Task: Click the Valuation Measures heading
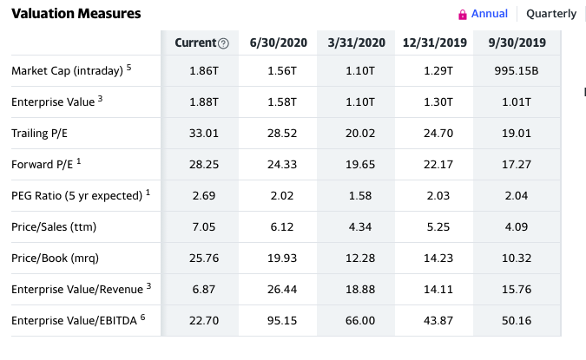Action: pyautogui.click(x=76, y=13)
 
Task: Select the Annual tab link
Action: pyautogui.click(x=490, y=14)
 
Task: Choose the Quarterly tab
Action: pyautogui.click(x=551, y=14)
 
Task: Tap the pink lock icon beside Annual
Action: pyautogui.click(x=463, y=15)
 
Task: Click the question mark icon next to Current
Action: pyautogui.click(x=223, y=43)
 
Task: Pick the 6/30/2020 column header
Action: pyautogui.click(x=279, y=43)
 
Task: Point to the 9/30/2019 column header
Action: pyautogui.click(x=517, y=43)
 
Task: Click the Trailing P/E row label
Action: pyautogui.click(x=39, y=134)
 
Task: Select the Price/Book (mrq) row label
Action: pyautogui.click(x=55, y=258)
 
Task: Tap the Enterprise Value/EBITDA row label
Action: pyautogui.click(x=74, y=320)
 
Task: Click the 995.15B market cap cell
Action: pyautogui.click(x=517, y=71)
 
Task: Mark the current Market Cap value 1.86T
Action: pyautogui.click(x=204, y=71)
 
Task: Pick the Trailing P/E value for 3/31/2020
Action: pyautogui.click(x=360, y=134)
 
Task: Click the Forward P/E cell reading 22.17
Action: pyautogui.click(x=438, y=165)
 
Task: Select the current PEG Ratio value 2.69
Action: pyautogui.click(x=204, y=196)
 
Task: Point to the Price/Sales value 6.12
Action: pyautogui.click(x=282, y=227)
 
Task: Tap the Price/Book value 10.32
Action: pyautogui.click(x=517, y=258)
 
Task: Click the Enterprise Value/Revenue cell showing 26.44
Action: pyautogui.click(x=282, y=290)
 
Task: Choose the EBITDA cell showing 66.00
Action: pyautogui.click(x=360, y=320)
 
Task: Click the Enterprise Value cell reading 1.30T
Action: pyautogui.click(x=438, y=102)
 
